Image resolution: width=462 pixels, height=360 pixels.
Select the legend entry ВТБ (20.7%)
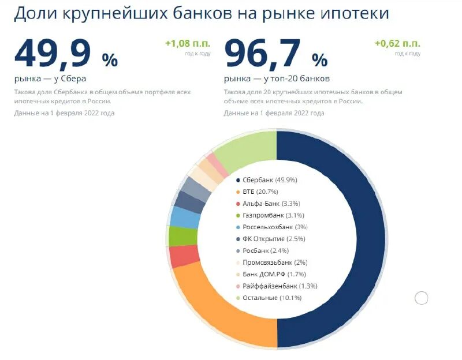(x=256, y=192)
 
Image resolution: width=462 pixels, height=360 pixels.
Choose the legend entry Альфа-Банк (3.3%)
(x=267, y=204)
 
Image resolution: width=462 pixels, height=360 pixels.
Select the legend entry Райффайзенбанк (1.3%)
(x=276, y=286)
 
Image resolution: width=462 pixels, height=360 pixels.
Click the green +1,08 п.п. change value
(x=188, y=43)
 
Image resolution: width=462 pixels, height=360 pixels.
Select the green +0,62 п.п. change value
(x=397, y=43)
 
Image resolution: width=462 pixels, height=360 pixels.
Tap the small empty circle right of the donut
(x=422, y=298)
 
